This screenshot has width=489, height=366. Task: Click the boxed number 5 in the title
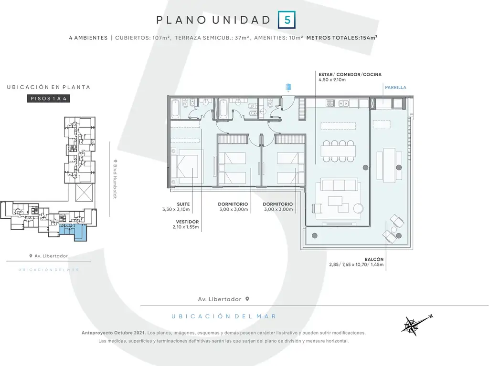point(287,20)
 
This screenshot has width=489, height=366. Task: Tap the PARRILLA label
point(395,88)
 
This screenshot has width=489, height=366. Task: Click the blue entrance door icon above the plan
point(288,87)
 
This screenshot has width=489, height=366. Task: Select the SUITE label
point(183,204)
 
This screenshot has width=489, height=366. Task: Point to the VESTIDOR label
point(187,222)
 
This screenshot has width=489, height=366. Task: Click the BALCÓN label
point(374,259)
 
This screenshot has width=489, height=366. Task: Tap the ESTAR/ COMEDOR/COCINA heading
point(350,74)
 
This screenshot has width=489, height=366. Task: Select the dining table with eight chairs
point(339,151)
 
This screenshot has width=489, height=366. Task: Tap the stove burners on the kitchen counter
point(330,103)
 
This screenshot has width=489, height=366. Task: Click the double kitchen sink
point(344,103)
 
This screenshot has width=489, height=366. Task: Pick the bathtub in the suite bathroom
point(175,109)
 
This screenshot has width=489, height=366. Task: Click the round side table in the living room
point(358,208)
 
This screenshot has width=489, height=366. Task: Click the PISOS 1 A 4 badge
point(48,99)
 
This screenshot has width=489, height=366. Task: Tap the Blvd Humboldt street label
point(115,179)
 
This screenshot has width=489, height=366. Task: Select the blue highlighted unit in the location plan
point(74,232)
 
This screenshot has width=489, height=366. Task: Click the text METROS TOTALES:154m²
point(342,38)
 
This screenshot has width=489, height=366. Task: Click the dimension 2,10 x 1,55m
point(186,227)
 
